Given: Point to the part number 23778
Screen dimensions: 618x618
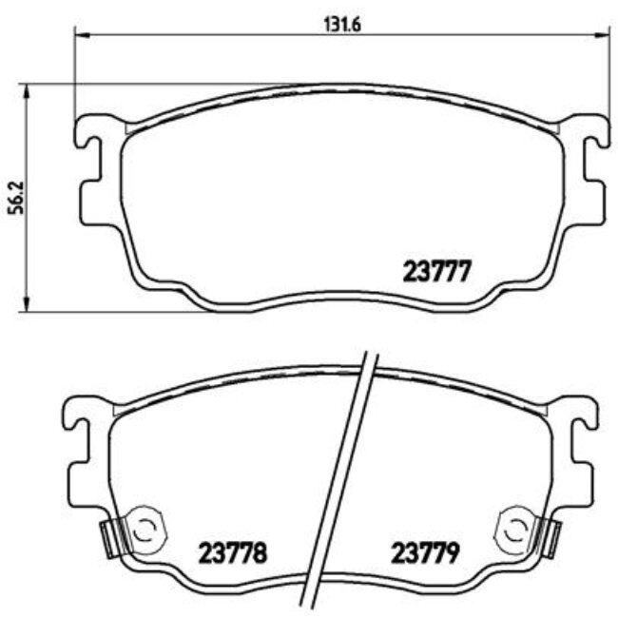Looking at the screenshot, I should point(233,550).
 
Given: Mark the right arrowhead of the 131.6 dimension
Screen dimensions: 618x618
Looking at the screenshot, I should point(602,35).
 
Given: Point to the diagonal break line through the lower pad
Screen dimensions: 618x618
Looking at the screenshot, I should point(339,475).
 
